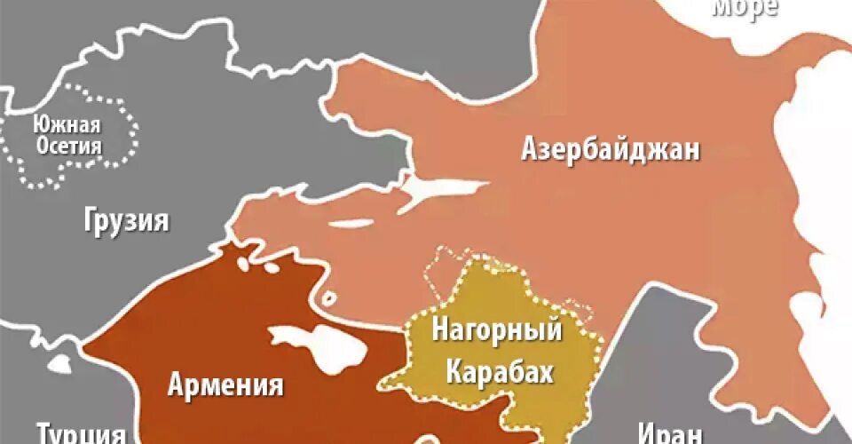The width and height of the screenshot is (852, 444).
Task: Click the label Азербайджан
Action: click(610, 148)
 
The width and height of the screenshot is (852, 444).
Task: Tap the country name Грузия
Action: click(126, 219)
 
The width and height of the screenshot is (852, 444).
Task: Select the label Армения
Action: click(225, 385)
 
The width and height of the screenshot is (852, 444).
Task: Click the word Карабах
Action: click(500, 371)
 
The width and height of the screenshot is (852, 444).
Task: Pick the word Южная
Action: click(66, 126)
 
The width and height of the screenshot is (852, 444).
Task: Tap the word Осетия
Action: click(68, 147)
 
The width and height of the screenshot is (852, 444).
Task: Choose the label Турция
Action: click(80, 434)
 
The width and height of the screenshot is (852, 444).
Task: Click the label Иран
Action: click(670, 434)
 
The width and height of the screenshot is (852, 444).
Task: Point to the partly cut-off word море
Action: click(745, 8)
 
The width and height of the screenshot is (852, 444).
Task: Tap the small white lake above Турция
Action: click(59, 364)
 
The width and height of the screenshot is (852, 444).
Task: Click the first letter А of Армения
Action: click(176, 386)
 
